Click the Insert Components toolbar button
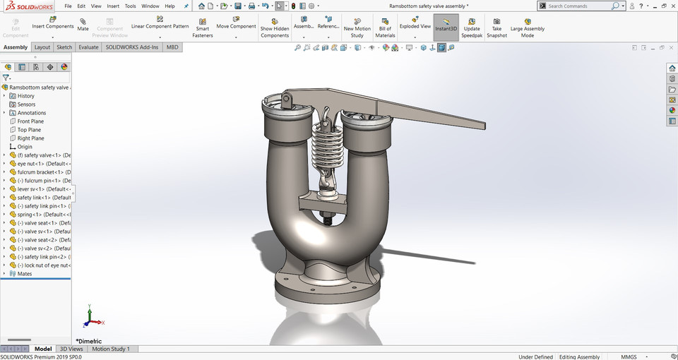(52, 22)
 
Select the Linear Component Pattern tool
(160, 22)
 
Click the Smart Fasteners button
(202, 27)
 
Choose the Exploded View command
(415, 22)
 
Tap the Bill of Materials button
(385, 27)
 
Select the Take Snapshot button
(496, 27)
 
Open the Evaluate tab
(88, 47)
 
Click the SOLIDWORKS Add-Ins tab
(132, 47)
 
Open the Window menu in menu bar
(150, 6)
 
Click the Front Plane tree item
(30, 121)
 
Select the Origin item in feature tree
(25, 147)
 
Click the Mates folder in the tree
(25, 274)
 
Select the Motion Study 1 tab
(110, 349)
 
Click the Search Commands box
(578, 6)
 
